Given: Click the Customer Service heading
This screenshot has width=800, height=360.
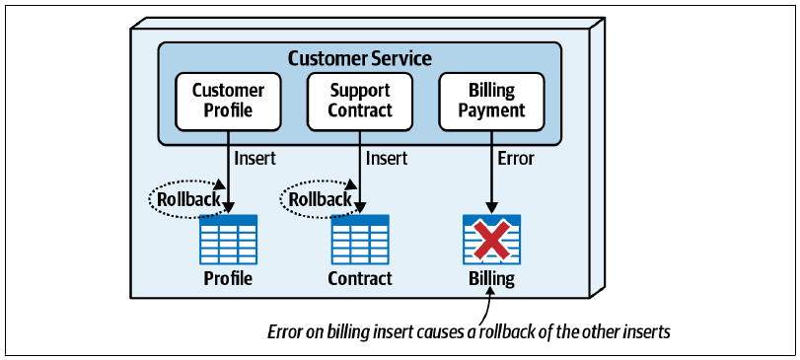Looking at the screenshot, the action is coord(360,58).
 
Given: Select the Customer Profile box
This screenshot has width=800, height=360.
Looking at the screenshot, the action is coord(228,102).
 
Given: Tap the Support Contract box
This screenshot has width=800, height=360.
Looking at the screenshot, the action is coord(360,102).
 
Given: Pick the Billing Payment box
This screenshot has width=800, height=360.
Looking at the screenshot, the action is coord(491,102).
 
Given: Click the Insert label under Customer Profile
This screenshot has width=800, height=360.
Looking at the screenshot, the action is coord(255,159).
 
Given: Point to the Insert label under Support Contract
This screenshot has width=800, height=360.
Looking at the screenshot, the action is coord(387,159).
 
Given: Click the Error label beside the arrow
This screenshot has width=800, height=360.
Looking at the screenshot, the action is coord(515,159).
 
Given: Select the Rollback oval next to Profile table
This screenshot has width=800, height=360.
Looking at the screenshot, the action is coord(186,199).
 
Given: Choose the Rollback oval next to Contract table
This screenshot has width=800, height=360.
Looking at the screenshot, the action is coord(319,199).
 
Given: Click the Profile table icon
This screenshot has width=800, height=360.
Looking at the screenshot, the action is coord(228,239).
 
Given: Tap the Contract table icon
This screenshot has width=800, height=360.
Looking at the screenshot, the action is coord(360,239).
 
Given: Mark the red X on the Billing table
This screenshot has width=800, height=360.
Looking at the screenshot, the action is coord(491,239).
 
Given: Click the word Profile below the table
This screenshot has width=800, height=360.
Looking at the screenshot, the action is coord(228,278).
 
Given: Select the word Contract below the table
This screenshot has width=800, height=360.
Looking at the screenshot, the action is coord(360,278).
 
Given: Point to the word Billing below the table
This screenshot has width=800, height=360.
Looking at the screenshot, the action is coord(492,279).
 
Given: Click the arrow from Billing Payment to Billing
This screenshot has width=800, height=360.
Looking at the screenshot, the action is coord(491,173).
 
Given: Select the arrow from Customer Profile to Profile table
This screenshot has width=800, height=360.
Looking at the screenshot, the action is coord(228,173).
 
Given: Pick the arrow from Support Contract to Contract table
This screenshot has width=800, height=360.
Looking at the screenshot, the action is coord(360,173).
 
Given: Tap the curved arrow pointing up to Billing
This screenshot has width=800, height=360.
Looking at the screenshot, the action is coord(485,306).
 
